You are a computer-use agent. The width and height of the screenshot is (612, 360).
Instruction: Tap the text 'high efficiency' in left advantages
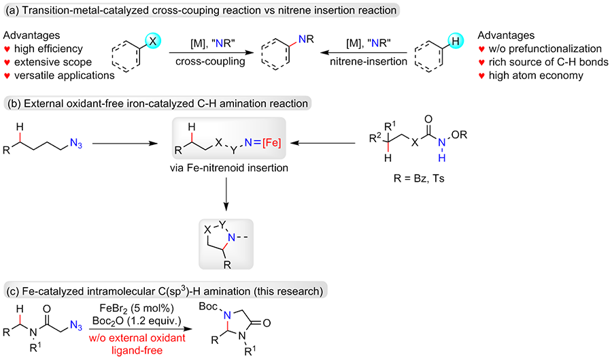[x=48, y=49]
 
